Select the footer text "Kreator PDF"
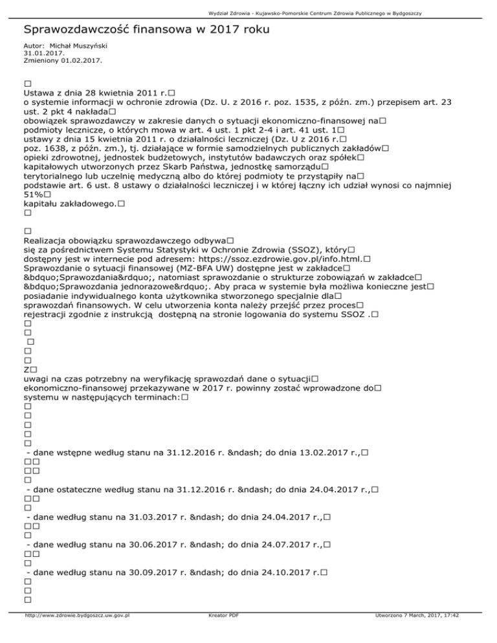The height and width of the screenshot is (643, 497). pyautogui.click(x=221, y=633)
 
